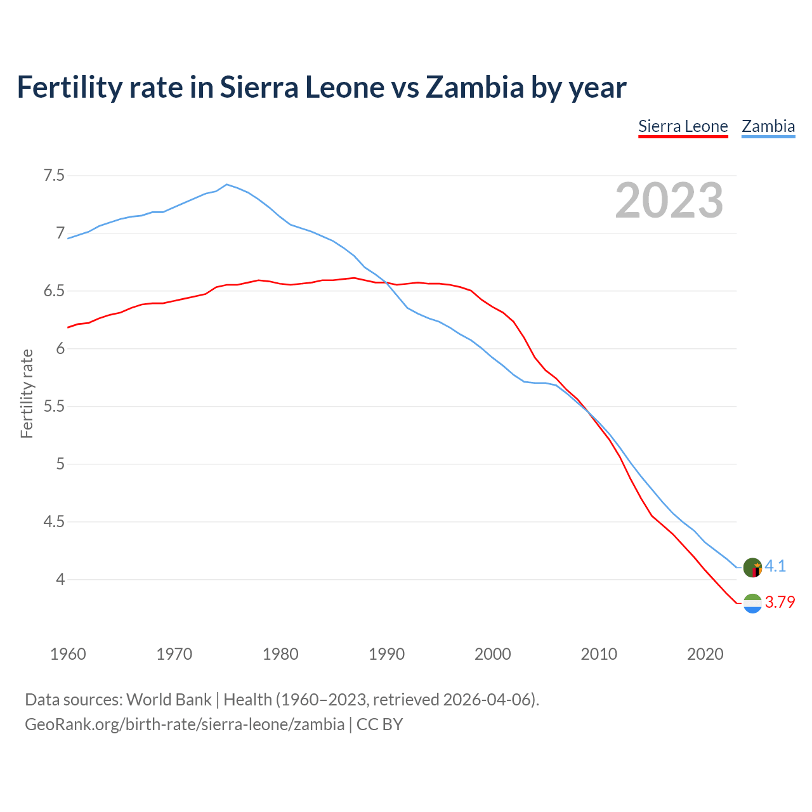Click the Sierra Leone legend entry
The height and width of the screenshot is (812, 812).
(x=683, y=126)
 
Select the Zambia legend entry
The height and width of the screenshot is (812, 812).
(x=768, y=126)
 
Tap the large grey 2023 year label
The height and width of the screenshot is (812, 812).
(x=669, y=200)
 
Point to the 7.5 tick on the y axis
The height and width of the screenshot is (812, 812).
(x=54, y=176)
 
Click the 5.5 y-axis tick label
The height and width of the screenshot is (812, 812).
(x=54, y=407)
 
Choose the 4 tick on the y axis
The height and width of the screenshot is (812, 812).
(x=60, y=580)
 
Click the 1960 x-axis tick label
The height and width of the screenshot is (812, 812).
(x=68, y=654)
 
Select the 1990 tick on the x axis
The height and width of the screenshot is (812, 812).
(x=386, y=654)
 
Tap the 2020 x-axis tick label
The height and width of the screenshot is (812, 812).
(x=705, y=654)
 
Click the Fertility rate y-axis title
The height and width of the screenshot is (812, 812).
(x=27, y=393)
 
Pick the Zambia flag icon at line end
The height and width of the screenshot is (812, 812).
(x=752, y=568)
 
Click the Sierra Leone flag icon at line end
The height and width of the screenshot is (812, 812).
(x=752, y=603)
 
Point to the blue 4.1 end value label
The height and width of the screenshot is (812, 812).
(x=775, y=566)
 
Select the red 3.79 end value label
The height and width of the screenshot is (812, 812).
(x=780, y=602)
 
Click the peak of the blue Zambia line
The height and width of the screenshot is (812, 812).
(x=227, y=185)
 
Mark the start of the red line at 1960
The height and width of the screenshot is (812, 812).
(x=68, y=327)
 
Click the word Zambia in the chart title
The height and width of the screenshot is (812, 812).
(x=475, y=87)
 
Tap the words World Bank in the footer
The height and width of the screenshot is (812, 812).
(x=169, y=700)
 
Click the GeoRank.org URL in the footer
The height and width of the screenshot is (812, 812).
(x=185, y=724)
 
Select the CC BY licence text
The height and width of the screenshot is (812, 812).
(x=379, y=724)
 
